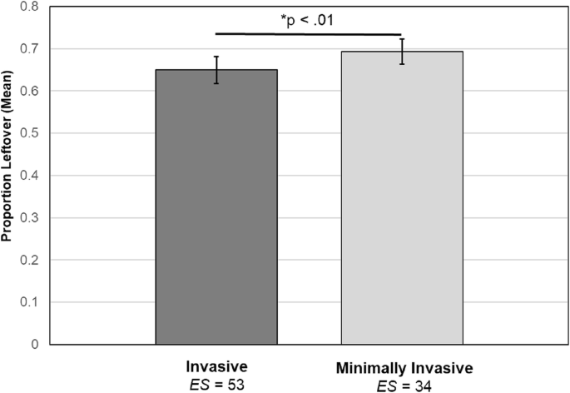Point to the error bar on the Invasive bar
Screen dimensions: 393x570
[216, 70]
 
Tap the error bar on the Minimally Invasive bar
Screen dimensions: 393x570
[402, 52]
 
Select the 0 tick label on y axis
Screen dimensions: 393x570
[33, 344]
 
